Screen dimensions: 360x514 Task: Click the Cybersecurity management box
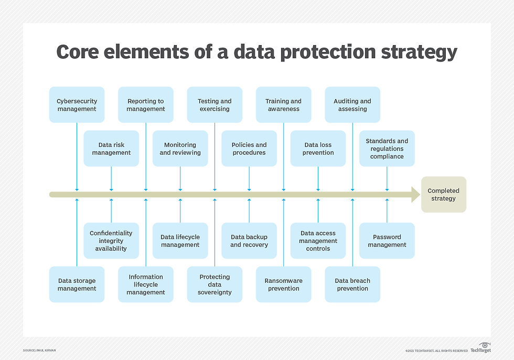click(x=77, y=105)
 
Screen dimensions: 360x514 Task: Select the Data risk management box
click(x=111, y=149)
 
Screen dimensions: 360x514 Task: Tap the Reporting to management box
click(x=146, y=105)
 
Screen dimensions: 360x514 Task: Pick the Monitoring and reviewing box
click(x=180, y=149)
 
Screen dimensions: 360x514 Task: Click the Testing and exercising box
click(x=215, y=105)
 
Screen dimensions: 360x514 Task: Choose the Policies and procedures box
click(x=249, y=149)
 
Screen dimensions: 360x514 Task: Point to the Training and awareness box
click(x=284, y=105)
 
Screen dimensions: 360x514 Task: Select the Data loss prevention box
click(x=318, y=149)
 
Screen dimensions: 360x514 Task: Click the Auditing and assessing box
click(x=352, y=105)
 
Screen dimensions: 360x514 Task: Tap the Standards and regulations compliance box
click(x=387, y=149)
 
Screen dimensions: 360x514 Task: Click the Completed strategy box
click(x=443, y=195)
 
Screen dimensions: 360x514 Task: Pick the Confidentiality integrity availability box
click(x=111, y=241)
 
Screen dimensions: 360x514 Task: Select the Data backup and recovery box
click(x=249, y=241)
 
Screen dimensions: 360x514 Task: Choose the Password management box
click(x=387, y=241)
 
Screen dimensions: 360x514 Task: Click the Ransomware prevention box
click(x=284, y=284)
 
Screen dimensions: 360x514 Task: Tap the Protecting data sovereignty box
click(x=215, y=284)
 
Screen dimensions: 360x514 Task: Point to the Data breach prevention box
click(x=352, y=284)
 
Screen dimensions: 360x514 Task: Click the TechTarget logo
click(x=480, y=348)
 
